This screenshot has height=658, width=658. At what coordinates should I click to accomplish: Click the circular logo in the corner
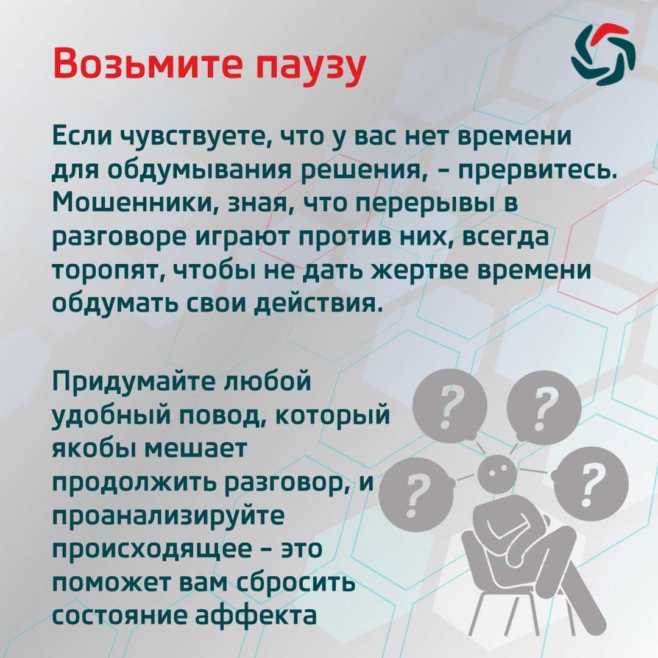(603, 54)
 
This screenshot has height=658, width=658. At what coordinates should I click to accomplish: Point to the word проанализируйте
(168, 516)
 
